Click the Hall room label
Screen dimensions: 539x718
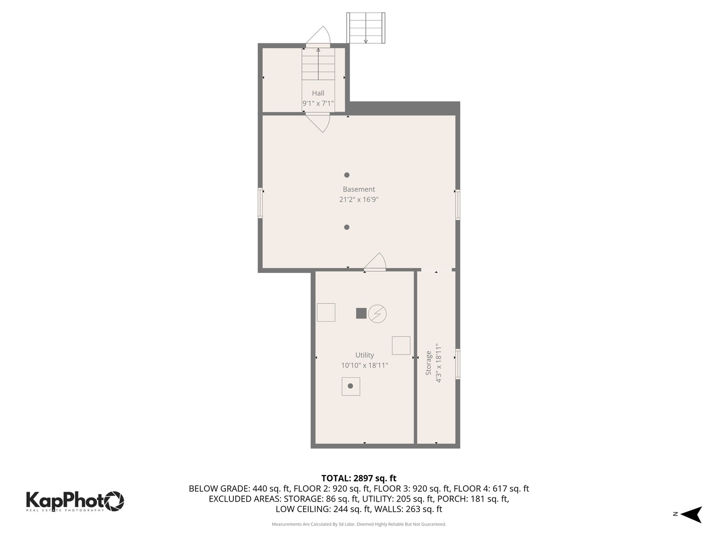pyautogui.click(x=318, y=93)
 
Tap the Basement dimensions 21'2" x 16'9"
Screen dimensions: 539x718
pyautogui.click(x=359, y=200)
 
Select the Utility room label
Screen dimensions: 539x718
pyautogui.click(x=364, y=355)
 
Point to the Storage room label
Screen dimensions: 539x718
pyautogui.click(x=428, y=363)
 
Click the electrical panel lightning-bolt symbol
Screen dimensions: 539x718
pyautogui.click(x=377, y=313)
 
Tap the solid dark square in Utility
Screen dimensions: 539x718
pyautogui.click(x=361, y=313)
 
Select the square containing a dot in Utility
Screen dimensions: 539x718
pyautogui.click(x=351, y=386)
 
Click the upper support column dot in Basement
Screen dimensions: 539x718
pyautogui.click(x=347, y=175)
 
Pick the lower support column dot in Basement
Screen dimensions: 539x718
pyautogui.click(x=347, y=228)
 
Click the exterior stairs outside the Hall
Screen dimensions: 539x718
pyautogui.click(x=366, y=28)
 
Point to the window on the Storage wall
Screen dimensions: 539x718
pyautogui.click(x=458, y=364)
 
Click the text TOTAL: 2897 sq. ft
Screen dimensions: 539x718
pyautogui.click(x=359, y=478)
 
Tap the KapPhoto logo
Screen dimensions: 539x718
pyautogui.click(x=75, y=501)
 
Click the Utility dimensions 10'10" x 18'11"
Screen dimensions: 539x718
pyautogui.click(x=364, y=365)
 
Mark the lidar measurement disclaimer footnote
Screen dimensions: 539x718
pyautogui.click(x=359, y=525)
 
